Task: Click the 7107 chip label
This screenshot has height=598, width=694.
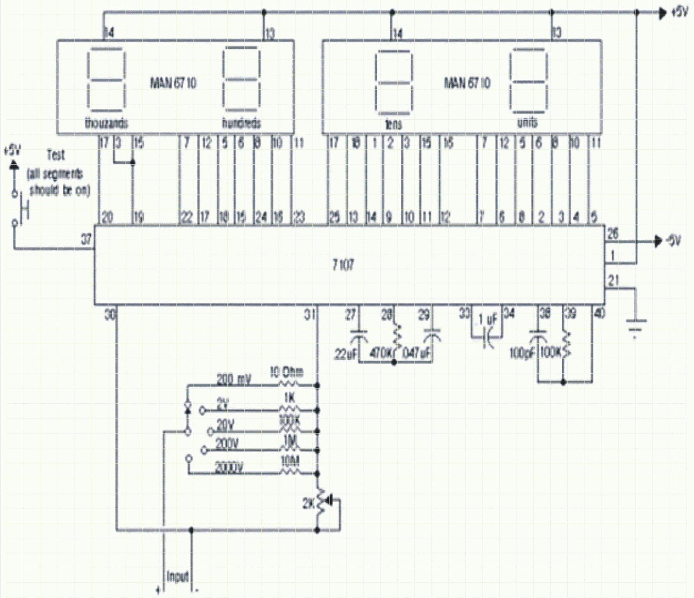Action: (x=343, y=264)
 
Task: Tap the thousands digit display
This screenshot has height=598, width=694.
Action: (x=107, y=81)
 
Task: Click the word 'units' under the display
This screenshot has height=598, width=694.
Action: (x=527, y=123)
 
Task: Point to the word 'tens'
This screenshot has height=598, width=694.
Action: (x=393, y=124)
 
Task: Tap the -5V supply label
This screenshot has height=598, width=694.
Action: (x=673, y=241)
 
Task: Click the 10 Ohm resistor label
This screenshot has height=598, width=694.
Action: (x=286, y=372)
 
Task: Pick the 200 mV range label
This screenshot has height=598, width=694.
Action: (x=233, y=380)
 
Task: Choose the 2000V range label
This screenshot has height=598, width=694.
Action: (x=229, y=468)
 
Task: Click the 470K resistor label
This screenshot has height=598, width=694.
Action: (x=380, y=353)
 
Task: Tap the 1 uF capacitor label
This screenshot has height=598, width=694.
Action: (x=488, y=320)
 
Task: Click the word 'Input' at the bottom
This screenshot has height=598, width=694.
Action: (x=178, y=577)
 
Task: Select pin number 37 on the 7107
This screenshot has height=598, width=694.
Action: (x=86, y=239)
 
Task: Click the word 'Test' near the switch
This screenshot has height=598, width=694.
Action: (x=56, y=155)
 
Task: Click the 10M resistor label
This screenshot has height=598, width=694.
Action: (x=290, y=462)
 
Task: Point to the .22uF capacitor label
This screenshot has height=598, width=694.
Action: (x=345, y=354)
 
